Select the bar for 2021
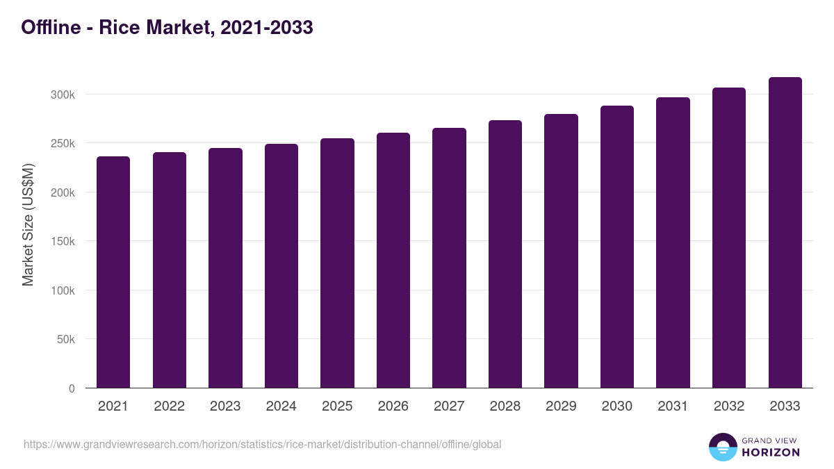pos(113,272)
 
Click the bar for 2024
pos(281,266)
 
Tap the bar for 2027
pos(449,258)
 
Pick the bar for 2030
pos(616,247)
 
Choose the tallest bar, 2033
pos(785,233)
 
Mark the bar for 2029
pos(561,251)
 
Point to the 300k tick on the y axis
pos(63,94)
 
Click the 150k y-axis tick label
pos(63,242)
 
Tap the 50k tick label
pos(65,340)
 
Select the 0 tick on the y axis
pos(72,388)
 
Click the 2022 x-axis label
pos(169,406)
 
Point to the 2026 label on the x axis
pos(393,406)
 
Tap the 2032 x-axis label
pos(729,406)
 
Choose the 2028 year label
pos(505,406)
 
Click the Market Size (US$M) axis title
pos(28,224)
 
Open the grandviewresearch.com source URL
pos(262,444)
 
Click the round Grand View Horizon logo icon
pos(723,447)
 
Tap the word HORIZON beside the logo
pos(771,452)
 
